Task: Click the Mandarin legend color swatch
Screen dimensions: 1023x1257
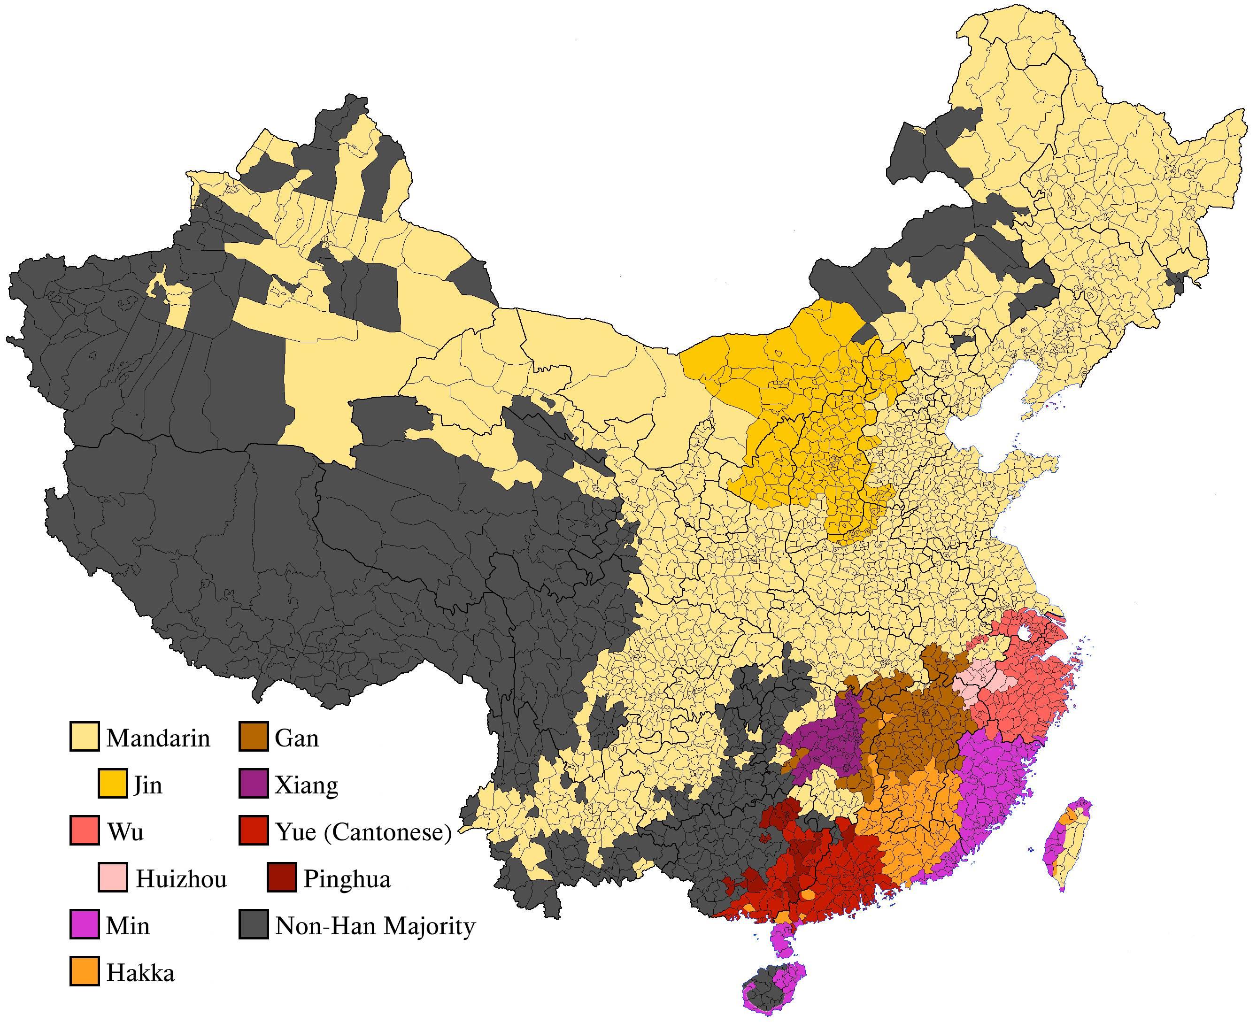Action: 84,737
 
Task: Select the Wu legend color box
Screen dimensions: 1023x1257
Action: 84,831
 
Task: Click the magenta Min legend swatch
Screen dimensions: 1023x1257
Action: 84,925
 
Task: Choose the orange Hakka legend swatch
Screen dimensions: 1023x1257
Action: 84,972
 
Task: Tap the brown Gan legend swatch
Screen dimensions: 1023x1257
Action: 254,737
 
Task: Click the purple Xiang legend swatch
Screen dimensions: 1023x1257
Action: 254,784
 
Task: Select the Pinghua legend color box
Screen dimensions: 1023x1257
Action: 282,878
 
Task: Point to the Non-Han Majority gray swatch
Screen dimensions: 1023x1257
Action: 254,925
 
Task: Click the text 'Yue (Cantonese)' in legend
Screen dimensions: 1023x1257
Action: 363,831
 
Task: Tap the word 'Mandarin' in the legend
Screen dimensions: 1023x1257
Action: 158,738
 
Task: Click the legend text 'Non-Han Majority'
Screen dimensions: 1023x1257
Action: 375,926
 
